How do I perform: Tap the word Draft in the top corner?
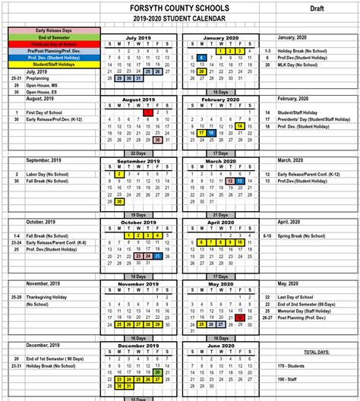tap(318, 8)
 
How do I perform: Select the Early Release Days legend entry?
tap(52, 30)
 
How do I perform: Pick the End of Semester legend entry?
tap(52, 36)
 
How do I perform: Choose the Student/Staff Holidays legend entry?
tap(52, 64)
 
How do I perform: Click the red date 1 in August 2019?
tap(146, 112)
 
